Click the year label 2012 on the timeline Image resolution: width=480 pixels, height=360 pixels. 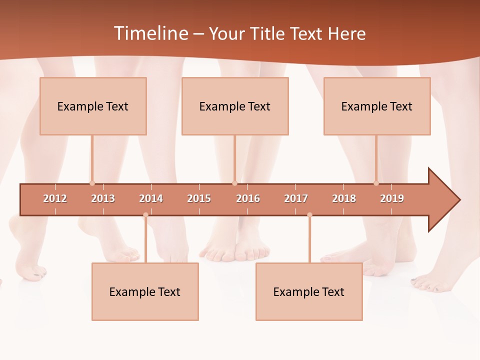click(x=55, y=198)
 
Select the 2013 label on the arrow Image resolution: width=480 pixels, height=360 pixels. click(x=103, y=198)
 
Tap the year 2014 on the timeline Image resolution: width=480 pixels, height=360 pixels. click(x=151, y=198)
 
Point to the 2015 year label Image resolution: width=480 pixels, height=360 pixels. click(x=199, y=198)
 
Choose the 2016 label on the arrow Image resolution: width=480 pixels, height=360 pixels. click(x=248, y=198)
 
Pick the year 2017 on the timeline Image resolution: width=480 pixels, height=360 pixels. click(x=296, y=198)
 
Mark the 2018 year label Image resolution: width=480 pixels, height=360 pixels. click(x=344, y=198)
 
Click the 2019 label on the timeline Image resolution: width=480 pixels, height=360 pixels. click(x=392, y=198)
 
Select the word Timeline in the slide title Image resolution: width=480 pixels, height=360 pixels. click(x=150, y=33)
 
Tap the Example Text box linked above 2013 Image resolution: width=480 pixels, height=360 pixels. click(x=93, y=106)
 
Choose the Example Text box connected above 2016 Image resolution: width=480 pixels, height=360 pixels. click(x=235, y=106)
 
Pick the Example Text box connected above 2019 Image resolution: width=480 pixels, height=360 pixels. click(x=377, y=106)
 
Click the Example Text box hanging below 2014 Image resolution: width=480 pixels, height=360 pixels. click(x=145, y=291)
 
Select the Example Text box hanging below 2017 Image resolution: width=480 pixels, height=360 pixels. click(x=309, y=291)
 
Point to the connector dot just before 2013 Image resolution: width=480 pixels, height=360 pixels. click(x=92, y=183)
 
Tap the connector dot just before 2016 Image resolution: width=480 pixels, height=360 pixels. click(x=234, y=183)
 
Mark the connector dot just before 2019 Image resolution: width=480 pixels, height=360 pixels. click(x=376, y=183)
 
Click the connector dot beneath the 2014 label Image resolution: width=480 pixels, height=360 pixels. click(x=145, y=215)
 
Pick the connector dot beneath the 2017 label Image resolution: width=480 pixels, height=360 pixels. click(x=309, y=215)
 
